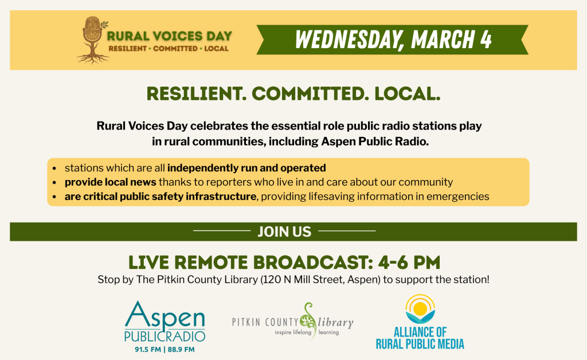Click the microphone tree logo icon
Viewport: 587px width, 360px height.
[92, 40]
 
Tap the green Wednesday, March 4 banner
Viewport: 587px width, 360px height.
[392, 40]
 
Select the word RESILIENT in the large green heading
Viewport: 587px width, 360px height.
[196, 93]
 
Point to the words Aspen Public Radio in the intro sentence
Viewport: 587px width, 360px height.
[374, 142]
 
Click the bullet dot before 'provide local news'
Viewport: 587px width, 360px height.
[54, 183]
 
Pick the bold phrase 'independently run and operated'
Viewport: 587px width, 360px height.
[246, 168]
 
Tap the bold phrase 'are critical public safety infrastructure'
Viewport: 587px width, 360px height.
[161, 197]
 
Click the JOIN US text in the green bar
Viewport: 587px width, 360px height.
[284, 232]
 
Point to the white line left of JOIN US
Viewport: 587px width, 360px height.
[222, 231]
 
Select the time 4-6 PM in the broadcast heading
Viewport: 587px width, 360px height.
[409, 263]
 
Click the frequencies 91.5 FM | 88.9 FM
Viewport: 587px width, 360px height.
[165, 350]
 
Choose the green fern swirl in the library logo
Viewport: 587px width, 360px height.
[308, 320]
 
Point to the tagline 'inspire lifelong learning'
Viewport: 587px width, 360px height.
[307, 332]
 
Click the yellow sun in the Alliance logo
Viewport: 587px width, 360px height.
[420, 308]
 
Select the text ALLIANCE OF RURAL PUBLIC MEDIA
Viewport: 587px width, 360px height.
[420, 338]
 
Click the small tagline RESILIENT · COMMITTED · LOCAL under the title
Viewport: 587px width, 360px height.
[169, 49]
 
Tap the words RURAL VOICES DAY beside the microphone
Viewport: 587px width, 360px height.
[169, 36]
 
